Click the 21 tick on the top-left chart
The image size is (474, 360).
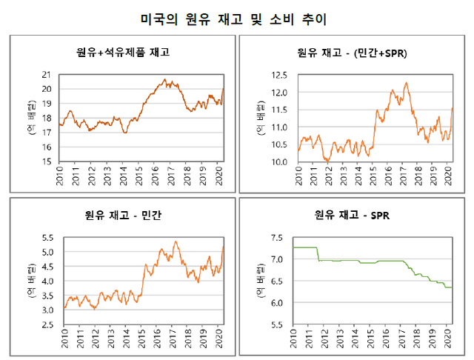46,75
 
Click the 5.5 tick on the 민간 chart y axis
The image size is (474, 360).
46,238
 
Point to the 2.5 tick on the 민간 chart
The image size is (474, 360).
46,325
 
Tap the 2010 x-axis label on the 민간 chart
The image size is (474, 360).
64,341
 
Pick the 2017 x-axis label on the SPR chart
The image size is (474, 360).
403,341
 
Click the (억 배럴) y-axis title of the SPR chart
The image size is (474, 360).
261,281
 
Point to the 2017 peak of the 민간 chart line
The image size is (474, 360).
176,241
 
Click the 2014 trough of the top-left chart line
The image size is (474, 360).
125,132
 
